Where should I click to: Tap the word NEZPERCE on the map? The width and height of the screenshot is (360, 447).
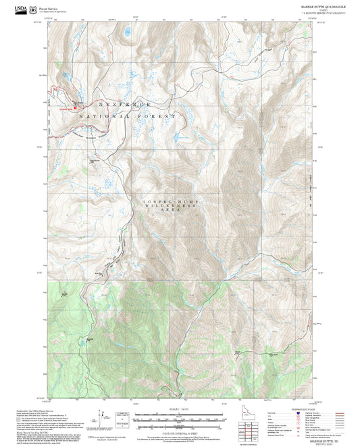tap(124, 105)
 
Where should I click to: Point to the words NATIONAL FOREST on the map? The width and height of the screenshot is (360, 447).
tap(131, 117)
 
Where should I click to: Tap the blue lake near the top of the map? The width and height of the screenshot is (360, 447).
tap(127, 30)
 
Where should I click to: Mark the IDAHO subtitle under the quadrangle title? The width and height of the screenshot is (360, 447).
tap(324, 9)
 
